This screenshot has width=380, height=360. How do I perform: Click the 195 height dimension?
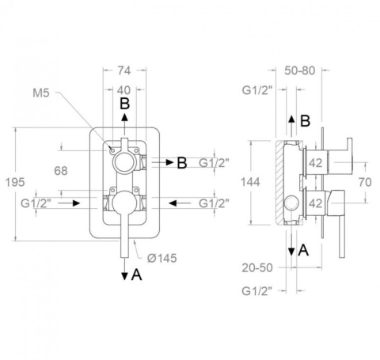[15, 182]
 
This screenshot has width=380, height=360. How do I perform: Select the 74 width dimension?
[124, 70]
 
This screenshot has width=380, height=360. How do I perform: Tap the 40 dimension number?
[123, 90]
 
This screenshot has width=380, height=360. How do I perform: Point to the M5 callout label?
[41, 93]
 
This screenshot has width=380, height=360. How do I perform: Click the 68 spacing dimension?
[61, 171]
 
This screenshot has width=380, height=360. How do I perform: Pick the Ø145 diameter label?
[162, 258]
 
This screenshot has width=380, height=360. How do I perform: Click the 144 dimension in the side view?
[250, 182]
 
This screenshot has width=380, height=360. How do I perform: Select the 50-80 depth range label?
[300, 70]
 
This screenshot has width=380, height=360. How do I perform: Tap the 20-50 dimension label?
[257, 268]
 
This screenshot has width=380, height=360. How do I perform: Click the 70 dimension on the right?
[365, 182]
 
